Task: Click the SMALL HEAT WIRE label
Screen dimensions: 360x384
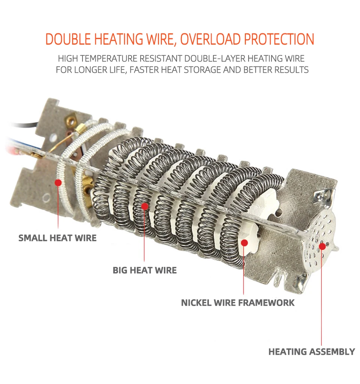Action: [57, 238]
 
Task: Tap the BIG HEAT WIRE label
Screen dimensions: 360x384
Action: [144, 270]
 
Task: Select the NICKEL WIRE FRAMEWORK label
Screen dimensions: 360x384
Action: [238, 303]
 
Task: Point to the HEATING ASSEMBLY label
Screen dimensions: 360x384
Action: [312, 352]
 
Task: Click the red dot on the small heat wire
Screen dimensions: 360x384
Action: [58, 183]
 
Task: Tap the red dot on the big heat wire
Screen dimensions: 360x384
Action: [145, 207]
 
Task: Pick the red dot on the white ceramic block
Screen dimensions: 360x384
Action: [244, 243]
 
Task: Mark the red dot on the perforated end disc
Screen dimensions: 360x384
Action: [322, 246]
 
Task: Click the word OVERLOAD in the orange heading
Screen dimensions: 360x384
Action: [210, 39]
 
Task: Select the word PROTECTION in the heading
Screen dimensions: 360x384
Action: [279, 39]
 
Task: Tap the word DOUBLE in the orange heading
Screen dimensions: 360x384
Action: [68, 39]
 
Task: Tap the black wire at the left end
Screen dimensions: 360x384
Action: [24, 125]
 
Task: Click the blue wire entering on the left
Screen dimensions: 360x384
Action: [23, 144]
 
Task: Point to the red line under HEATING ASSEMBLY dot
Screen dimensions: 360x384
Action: [322, 297]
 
